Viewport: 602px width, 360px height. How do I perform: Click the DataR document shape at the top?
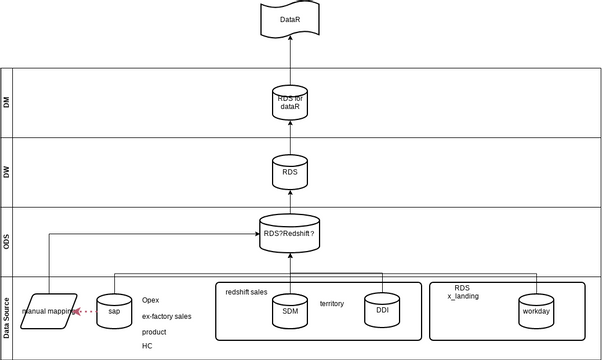click(289, 17)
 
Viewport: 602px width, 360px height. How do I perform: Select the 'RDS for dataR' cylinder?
click(289, 103)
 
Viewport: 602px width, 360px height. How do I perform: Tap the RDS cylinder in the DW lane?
click(289, 171)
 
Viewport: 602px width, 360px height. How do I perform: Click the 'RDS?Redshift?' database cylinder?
click(289, 233)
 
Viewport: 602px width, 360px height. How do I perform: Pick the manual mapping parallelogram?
click(50, 310)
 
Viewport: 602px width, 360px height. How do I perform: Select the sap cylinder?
click(114, 310)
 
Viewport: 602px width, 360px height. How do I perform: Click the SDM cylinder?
click(290, 310)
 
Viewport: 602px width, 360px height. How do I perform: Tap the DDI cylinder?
click(382, 310)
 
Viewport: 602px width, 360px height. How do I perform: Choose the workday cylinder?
click(536, 310)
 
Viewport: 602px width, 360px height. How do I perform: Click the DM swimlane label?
click(8, 102)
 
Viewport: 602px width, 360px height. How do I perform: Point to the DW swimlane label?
click(8, 171)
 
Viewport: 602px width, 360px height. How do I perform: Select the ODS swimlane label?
click(8, 240)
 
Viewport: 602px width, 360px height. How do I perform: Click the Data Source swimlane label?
click(8, 317)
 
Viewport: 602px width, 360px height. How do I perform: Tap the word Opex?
click(150, 300)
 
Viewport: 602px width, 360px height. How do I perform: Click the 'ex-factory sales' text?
click(167, 316)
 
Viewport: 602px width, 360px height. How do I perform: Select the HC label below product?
click(147, 346)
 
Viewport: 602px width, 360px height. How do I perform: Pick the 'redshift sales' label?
click(246, 292)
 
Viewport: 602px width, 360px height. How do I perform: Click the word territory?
click(332, 303)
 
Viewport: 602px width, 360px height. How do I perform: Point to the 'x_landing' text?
click(463, 297)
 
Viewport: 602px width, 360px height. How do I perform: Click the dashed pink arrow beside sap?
click(86, 311)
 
